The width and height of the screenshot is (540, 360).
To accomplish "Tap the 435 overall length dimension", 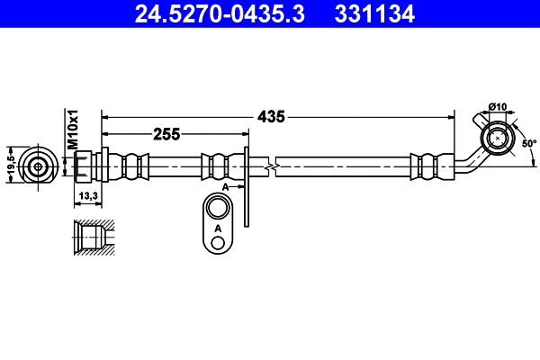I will [x=271, y=116].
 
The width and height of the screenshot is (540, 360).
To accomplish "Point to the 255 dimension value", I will [x=166, y=135].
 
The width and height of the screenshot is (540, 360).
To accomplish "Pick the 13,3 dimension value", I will [x=88, y=194].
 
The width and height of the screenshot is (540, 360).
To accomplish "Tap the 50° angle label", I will [x=528, y=143].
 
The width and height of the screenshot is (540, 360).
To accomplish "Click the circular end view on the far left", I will [x=38, y=166].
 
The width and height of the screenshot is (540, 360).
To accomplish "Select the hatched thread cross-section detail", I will [x=92, y=239].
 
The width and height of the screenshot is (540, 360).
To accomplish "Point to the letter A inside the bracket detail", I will [x=217, y=230].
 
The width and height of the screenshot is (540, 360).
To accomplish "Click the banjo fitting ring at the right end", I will [x=495, y=139].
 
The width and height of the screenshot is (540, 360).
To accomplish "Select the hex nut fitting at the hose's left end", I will [x=83, y=166].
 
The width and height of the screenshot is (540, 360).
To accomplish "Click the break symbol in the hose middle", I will [x=271, y=166].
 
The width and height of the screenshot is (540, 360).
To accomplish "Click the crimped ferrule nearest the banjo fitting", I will [x=427, y=166].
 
